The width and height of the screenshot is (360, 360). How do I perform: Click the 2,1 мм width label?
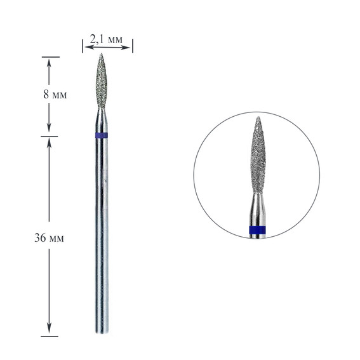tap(106, 40)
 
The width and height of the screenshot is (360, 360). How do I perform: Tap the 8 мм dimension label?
tap(55, 94)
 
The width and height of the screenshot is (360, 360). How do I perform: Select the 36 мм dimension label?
tap(49, 238)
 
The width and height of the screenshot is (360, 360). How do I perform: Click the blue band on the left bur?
tap(102, 135)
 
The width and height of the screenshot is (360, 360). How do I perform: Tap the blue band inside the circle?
tap(257, 230)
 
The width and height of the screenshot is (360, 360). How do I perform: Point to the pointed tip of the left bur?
tap(101, 54)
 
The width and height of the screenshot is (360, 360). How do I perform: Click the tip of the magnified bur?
tap(258, 117)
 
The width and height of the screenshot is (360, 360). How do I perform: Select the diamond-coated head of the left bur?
tap(101, 81)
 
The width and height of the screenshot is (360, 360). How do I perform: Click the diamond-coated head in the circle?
tap(258, 155)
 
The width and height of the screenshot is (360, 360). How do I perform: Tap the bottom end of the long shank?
tap(102, 333)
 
